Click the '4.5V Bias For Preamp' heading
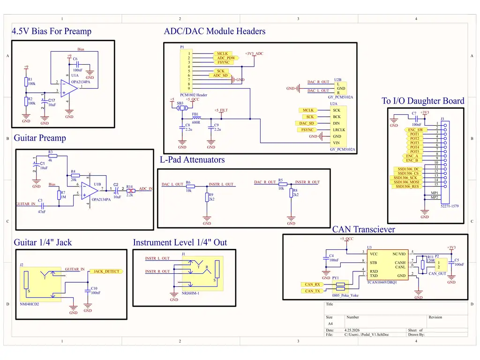click(52, 31)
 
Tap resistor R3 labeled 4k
click(52, 156)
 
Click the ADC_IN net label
click(146, 189)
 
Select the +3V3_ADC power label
click(254, 53)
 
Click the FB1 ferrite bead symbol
click(196, 119)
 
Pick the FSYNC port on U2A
click(307, 130)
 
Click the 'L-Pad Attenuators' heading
click(192, 160)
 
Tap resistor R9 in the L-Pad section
click(207, 197)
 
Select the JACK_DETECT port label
click(106, 271)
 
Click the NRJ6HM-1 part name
click(190, 293)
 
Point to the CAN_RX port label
click(312, 285)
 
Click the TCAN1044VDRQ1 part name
click(382, 283)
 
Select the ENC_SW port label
click(415, 130)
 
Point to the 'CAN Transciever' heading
click(363, 229)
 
